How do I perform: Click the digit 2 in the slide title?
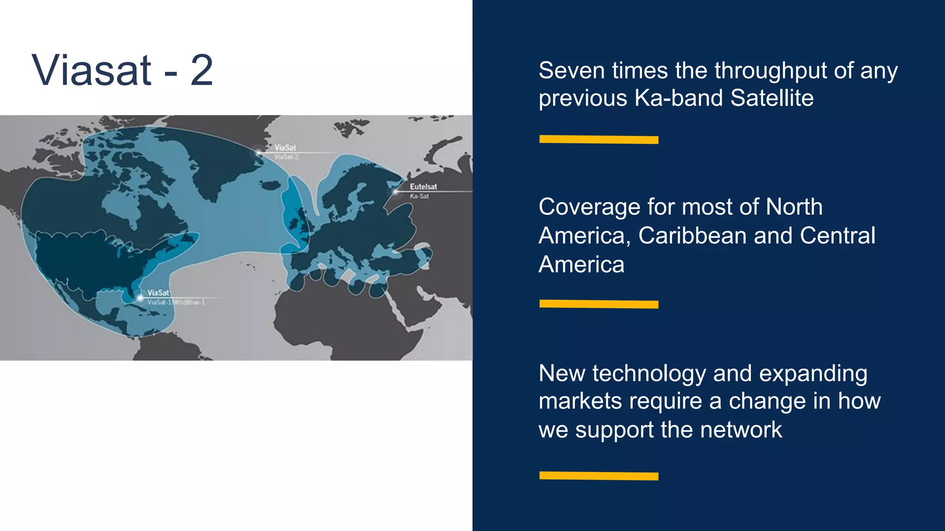click(202, 71)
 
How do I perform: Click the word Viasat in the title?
click(91, 71)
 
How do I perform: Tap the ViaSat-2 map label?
click(287, 157)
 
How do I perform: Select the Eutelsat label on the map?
click(423, 187)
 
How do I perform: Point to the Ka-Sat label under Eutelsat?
click(419, 196)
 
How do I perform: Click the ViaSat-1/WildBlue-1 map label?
click(176, 302)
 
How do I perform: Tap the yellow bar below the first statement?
click(598, 140)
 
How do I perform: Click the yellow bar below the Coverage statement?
click(598, 304)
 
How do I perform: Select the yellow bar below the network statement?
click(598, 476)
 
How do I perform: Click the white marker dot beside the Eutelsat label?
click(395, 191)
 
